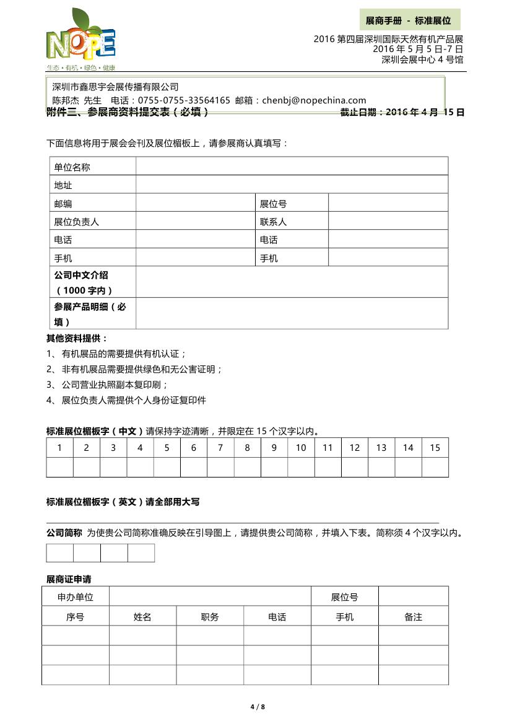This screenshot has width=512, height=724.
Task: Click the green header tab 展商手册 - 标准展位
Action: coord(409,20)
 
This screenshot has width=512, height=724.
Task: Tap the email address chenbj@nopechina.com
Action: coord(314,100)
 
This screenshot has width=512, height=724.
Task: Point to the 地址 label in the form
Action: coord(63,185)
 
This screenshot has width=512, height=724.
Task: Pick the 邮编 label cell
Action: coord(63,204)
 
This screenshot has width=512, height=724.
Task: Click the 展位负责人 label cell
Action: coord(76,222)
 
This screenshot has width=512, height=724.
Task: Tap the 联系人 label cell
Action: coord(273,222)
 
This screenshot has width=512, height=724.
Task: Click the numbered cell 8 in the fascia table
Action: coord(247,448)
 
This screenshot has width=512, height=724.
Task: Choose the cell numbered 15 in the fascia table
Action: coord(435,448)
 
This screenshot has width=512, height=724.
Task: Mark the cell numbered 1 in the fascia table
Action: coord(59,448)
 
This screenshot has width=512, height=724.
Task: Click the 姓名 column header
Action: coord(142,617)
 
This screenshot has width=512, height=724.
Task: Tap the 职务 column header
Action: coord(210,617)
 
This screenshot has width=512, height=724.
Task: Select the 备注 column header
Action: coord(413,617)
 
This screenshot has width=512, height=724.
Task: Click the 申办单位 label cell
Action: coord(76,597)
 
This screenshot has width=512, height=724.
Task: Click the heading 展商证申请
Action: coord(69,579)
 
